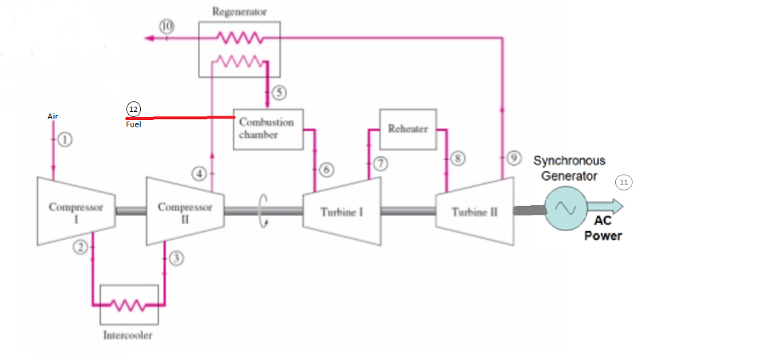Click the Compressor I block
(x=76, y=211)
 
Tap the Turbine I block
(x=341, y=212)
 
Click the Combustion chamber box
(x=266, y=129)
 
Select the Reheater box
(x=408, y=129)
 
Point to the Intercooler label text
(x=128, y=336)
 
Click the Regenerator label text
(x=239, y=12)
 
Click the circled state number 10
(x=167, y=26)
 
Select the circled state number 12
(x=133, y=109)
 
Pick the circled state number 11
(x=623, y=181)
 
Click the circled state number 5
(x=279, y=93)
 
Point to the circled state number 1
(x=65, y=139)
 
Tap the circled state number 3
(x=176, y=258)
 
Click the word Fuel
(x=133, y=124)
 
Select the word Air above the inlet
(x=53, y=116)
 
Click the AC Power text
(x=603, y=229)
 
